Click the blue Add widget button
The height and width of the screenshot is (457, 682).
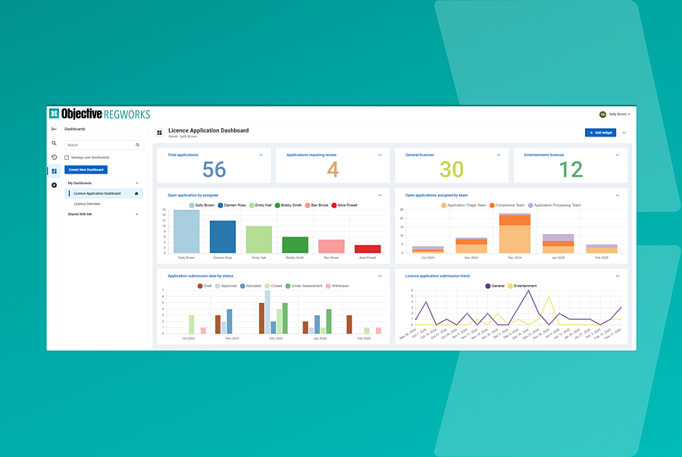[600, 133]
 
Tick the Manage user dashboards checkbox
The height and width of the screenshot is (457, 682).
[67, 158]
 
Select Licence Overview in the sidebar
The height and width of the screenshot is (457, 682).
[87, 204]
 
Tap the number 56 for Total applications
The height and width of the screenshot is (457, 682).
[214, 170]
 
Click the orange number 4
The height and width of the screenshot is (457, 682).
[333, 170]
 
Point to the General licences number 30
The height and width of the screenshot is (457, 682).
[452, 170]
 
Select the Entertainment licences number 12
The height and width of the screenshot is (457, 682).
[571, 170]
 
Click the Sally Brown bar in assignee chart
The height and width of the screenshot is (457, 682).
[186, 231]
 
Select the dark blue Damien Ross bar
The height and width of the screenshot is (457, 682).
[223, 236]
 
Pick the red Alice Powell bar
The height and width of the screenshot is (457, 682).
[368, 249]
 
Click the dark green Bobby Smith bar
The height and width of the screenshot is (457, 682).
[295, 244]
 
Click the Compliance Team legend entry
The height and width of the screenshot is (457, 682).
[510, 205]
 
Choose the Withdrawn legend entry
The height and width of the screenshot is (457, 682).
[337, 286]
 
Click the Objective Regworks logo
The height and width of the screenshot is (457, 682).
[100, 114]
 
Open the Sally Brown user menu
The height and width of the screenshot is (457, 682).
[615, 114]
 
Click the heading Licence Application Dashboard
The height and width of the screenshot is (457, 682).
[208, 130]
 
